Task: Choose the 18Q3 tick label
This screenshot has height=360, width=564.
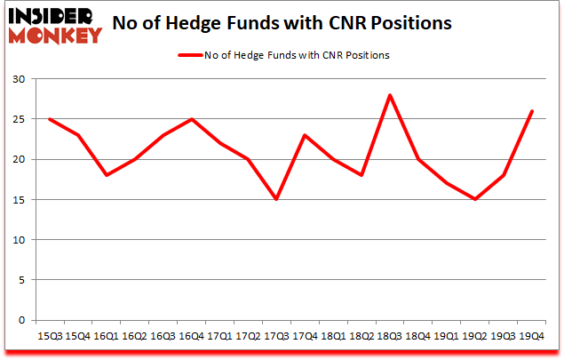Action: click(390, 337)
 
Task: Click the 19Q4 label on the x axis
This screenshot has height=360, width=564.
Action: click(531, 337)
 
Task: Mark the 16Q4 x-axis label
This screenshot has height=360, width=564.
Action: click(192, 337)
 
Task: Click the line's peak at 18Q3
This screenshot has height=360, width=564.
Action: click(390, 95)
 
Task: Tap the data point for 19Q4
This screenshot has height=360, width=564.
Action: click(531, 111)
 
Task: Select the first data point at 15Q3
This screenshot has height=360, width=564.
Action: click(50, 119)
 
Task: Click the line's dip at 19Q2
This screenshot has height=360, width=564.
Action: click(475, 199)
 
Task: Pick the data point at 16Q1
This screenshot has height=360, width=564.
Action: click(107, 175)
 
